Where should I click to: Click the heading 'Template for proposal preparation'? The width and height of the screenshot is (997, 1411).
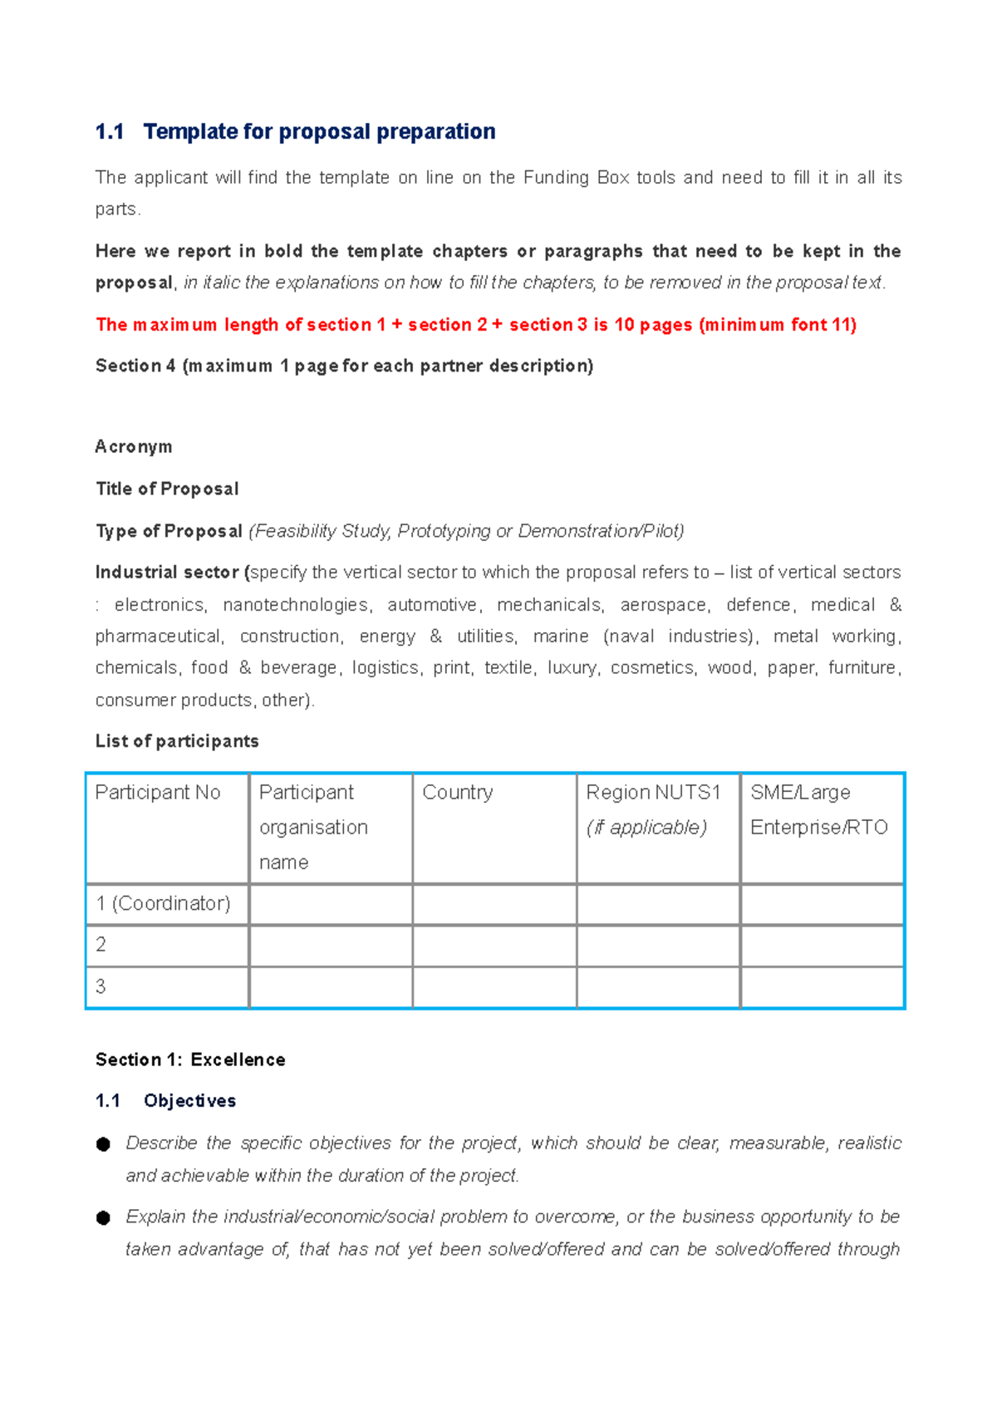[x=319, y=131]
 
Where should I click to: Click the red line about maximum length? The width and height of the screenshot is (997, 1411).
[x=475, y=325]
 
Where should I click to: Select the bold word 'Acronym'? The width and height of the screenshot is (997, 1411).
[x=134, y=447]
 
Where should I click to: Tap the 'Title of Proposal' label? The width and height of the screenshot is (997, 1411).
[x=167, y=489]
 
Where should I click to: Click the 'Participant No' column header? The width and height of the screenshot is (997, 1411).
[x=158, y=793]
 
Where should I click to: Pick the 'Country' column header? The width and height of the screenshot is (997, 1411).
[x=458, y=793]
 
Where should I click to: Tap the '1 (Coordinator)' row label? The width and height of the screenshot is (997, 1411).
[x=163, y=903]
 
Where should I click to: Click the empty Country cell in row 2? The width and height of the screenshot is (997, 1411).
[x=494, y=946]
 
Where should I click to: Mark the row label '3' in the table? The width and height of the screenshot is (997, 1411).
[x=101, y=986]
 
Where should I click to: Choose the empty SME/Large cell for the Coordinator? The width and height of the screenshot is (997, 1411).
[x=822, y=904]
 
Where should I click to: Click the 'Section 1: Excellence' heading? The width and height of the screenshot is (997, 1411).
[x=190, y=1059]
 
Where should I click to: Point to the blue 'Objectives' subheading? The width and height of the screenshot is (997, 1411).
[x=189, y=1101]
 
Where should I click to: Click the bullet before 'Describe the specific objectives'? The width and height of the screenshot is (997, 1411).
[x=103, y=1144]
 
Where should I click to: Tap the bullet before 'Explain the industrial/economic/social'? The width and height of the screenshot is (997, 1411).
[x=103, y=1218]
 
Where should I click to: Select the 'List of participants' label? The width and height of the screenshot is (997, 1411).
[x=177, y=741]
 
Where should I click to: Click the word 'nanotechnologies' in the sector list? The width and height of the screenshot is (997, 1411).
[x=296, y=605]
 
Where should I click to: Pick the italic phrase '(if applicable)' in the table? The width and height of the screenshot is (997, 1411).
[x=646, y=828]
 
